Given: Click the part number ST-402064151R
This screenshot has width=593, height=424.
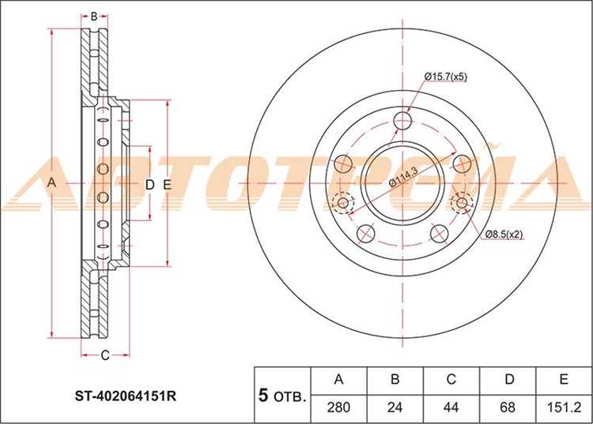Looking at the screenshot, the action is point(126,396).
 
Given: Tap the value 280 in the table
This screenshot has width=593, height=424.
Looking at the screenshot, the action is point(338,407).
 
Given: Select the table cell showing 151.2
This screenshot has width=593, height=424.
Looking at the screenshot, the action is point(563,407).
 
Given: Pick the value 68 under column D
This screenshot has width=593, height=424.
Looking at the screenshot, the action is point(507,407).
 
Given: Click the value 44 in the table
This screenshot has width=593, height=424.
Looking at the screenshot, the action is point(451,407).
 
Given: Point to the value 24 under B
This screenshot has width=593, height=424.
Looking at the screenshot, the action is point(395,407).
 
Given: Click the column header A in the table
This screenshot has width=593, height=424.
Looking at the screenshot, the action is point(338,379).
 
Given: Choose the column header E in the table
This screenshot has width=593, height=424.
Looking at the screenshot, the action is point(564,379).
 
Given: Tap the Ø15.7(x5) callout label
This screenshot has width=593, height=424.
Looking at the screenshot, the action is point(446,77).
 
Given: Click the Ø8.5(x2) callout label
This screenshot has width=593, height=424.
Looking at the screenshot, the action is point(504,234).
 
